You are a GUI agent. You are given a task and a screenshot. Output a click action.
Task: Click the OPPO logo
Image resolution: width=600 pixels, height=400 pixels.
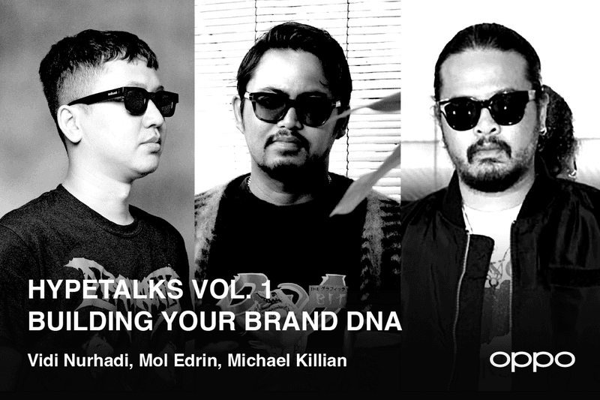(x=532, y=359)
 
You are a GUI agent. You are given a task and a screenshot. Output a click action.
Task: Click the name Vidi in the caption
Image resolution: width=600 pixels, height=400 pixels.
(x=41, y=361)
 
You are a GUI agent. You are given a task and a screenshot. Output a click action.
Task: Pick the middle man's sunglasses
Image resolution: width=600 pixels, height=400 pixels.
(x=292, y=107)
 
